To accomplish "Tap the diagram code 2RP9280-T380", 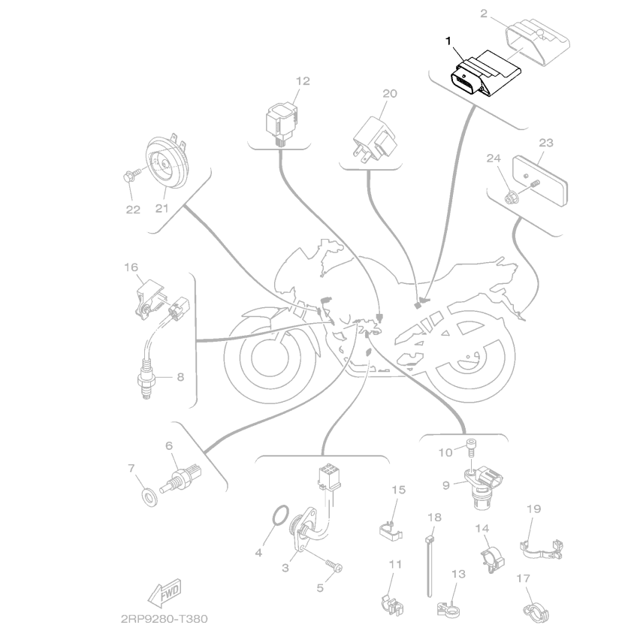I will tap(162, 620).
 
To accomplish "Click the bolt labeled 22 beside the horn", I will tap(128, 177).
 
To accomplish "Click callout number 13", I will tap(459, 572).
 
